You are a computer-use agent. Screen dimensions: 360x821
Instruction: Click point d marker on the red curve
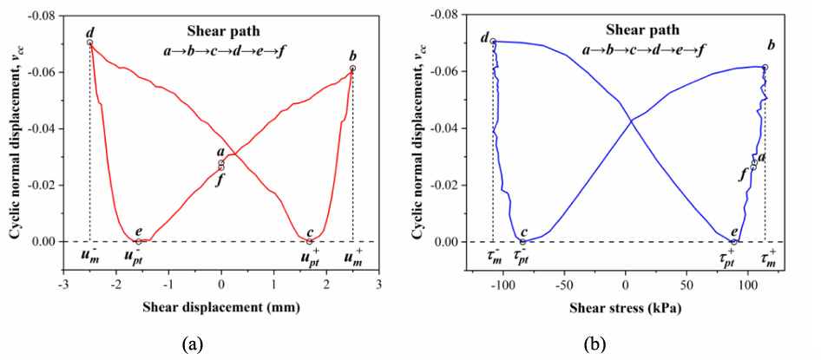tap(90, 43)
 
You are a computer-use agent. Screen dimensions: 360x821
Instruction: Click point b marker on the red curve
tap(352, 68)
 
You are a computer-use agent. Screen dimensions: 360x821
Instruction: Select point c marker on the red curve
tap(310, 241)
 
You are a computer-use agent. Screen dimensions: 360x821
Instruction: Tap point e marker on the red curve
tap(139, 241)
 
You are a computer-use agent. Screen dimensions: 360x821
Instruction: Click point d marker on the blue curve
tap(493, 42)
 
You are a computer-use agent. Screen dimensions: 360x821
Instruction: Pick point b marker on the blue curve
tap(765, 67)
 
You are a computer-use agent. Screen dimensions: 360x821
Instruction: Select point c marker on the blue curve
tap(522, 241)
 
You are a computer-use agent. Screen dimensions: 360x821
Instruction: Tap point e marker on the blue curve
tap(733, 241)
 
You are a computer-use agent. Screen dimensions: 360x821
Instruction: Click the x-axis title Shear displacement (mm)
tap(221, 308)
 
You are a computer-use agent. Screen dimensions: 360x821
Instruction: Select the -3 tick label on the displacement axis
tap(63, 284)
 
